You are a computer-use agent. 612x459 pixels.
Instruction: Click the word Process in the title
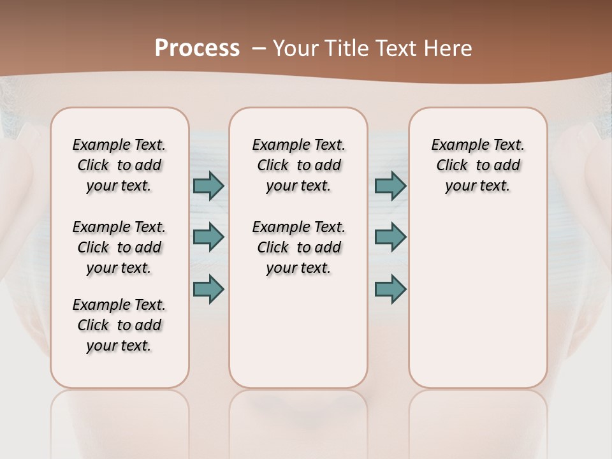point(197,48)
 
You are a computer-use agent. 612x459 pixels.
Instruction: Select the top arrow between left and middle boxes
point(208,186)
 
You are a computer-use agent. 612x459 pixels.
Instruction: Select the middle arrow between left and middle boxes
point(208,237)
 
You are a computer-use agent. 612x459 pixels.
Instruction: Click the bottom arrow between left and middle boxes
point(208,289)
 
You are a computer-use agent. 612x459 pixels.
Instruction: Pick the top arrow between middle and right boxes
point(390,186)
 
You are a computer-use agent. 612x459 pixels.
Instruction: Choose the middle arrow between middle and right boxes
point(390,237)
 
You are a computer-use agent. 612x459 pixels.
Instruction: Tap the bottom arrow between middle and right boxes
point(390,289)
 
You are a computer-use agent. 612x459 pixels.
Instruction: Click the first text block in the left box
point(119,165)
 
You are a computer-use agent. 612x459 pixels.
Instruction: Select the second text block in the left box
point(119,247)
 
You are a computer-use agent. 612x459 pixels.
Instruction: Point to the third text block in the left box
point(119,325)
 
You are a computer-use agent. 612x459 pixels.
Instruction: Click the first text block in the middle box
point(298,165)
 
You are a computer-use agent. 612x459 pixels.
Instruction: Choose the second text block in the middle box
point(298,247)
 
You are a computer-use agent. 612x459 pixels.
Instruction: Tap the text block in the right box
point(477,165)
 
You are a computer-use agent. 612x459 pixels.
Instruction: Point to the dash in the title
point(259,48)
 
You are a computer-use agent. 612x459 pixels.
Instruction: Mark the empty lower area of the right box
point(477,300)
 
